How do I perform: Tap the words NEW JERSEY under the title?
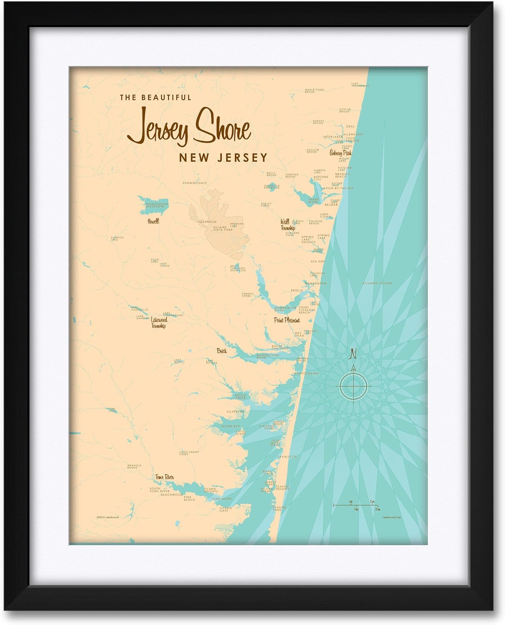coord(223,157)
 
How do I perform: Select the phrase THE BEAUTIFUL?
coord(155,97)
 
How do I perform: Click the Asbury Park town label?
coord(340,153)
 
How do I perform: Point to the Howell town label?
coord(153,221)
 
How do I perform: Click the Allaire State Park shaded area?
coord(221,225)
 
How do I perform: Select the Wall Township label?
coord(287,225)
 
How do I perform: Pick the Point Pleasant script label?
coord(287,320)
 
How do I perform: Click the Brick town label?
coord(222,351)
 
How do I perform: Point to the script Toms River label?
coord(164,477)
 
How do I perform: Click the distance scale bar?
coord(356,505)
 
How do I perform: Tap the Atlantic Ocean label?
coord(377,283)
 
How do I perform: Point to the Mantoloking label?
coord(306,373)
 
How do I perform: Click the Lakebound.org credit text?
coord(391,517)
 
